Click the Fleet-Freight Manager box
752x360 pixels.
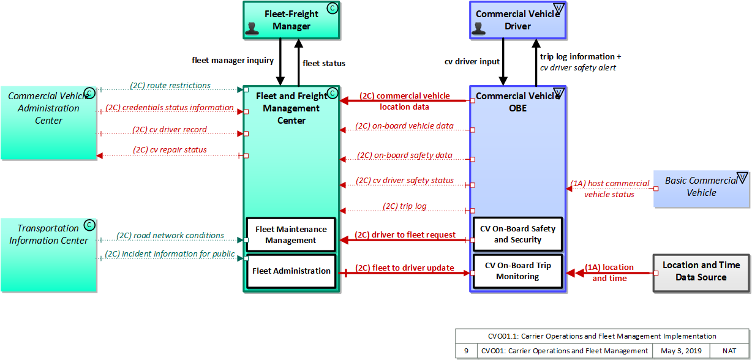coord(291,20)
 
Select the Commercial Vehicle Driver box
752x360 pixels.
coord(517,20)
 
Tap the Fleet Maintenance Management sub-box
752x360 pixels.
coord(291,234)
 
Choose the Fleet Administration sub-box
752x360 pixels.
coord(291,271)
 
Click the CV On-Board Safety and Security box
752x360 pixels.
coord(517,234)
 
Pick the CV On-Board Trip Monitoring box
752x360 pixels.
coord(517,271)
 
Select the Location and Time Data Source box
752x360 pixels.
coord(701,271)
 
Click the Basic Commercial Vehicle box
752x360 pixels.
coord(701,187)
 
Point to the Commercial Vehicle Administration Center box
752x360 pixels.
coord(48,122)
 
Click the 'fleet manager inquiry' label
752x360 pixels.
coord(233,60)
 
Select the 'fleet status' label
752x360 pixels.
coord(324,63)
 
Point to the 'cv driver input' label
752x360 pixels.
coord(472,61)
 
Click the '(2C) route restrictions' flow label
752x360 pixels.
coord(170,86)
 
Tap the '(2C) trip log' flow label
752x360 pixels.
coord(405,206)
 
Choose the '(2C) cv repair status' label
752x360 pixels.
coord(170,150)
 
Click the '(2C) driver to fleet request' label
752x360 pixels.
coord(405,234)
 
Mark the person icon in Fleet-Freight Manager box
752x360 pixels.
coord(252,29)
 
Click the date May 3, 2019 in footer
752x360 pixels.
coord(681,351)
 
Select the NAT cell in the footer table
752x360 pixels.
coord(729,351)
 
